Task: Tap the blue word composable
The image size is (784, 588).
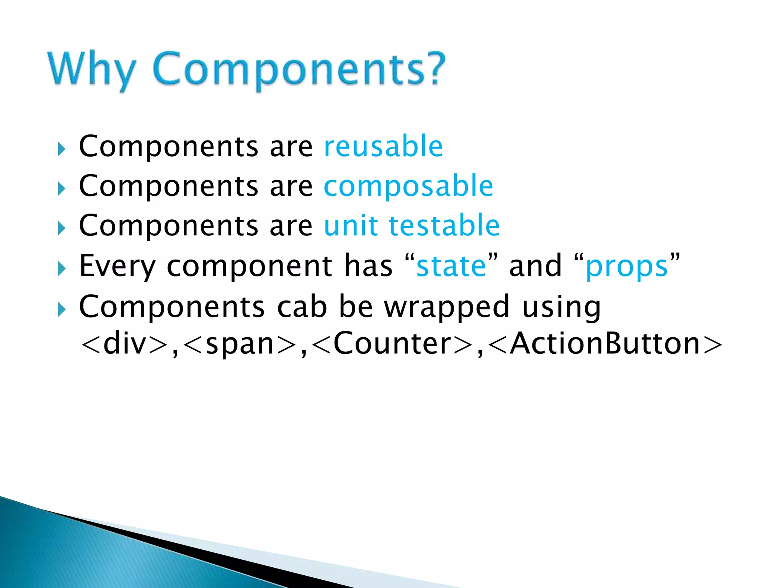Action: click(408, 186)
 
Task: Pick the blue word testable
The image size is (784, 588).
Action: click(444, 225)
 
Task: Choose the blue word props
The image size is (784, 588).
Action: click(627, 267)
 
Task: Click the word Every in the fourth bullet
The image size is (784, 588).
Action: click(117, 267)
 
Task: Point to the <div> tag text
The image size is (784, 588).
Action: click(125, 343)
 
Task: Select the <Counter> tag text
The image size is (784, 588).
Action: click(392, 343)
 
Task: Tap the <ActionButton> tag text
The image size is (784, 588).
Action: click(605, 343)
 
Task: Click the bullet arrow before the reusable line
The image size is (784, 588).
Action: click(62, 149)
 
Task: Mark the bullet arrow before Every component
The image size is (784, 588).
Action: click(62, 269)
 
